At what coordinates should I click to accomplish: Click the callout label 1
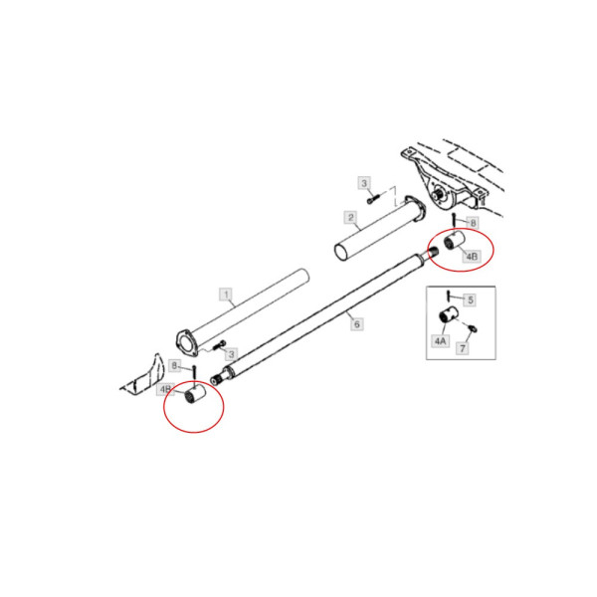pos(226,295)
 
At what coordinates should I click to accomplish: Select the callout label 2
pos(351,217)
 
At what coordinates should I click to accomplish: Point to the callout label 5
pos(471,298)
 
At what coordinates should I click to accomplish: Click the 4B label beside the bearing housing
pos(474,257)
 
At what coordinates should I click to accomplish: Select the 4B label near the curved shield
pos(167,390)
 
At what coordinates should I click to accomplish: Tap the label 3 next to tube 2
pos(364,184)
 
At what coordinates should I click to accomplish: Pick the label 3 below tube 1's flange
pos(230,354)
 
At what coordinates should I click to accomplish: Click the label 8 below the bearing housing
pos(473,223)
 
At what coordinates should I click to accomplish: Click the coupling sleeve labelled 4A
pos(448,316)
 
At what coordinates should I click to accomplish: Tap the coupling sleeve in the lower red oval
pos(195,398)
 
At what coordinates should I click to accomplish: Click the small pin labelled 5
pos(449,298)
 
